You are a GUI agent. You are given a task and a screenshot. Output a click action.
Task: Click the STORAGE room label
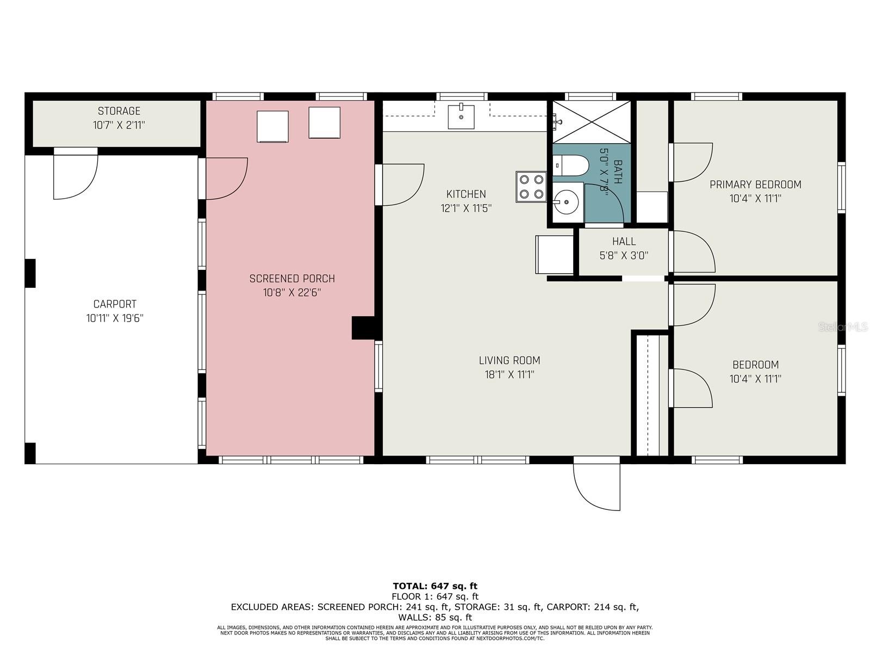tap(119, 111)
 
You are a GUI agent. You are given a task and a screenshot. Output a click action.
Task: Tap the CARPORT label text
tap(115, 304)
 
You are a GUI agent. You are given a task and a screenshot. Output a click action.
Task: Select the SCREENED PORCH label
tap(292, 279)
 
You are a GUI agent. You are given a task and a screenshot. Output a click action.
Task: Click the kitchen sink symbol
tap(461, 116)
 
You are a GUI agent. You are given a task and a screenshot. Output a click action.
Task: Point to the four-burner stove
tap(531, 187)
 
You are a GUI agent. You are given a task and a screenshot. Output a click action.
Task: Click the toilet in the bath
tap(569, 165)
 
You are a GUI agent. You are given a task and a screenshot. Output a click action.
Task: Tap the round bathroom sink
tap(567, 202)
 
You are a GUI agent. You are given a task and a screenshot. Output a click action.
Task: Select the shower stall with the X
tap(592, 122)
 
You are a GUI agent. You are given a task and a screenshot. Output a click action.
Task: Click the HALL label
tap(624, 241)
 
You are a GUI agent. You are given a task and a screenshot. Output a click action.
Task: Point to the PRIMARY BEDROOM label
tap(755, 184)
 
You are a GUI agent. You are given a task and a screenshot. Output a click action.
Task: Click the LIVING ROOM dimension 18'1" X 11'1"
tap(509, 374)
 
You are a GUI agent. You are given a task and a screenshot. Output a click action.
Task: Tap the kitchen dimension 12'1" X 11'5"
tap(466, 208)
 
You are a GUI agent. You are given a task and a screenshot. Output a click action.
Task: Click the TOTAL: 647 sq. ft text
tap(435, 586)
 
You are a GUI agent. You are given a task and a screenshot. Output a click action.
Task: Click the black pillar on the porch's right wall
tap(363, 328)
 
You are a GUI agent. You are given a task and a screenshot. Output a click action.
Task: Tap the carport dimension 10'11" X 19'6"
tap(115, 318)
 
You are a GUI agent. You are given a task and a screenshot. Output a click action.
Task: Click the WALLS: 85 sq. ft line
tap(435, 617)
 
